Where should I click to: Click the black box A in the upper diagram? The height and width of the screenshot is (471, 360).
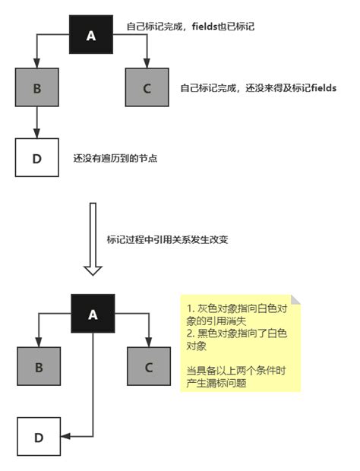(x=91, y=36)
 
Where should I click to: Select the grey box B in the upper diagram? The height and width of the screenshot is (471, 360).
(x=36, y=87)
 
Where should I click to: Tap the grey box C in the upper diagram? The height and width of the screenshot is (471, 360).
(x=147, y=87)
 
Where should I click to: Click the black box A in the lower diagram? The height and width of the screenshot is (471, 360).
(x=93, y=313)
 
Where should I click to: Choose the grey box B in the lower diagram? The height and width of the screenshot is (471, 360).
(x=38, y=367)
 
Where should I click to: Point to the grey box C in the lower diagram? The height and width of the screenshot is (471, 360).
(x=148, y=367)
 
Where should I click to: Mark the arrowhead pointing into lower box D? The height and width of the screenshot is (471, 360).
(x=64, y=437)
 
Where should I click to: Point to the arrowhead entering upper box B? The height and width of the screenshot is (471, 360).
(x=36, y=65)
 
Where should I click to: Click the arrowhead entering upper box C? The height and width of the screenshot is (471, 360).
(x=147, y=65)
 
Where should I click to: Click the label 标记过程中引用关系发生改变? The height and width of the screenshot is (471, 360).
(x=168, y=239)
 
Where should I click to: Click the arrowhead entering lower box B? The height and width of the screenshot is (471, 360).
(x=38, y=344)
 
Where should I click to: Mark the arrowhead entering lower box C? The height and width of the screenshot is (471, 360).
(x=148, y=344)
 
